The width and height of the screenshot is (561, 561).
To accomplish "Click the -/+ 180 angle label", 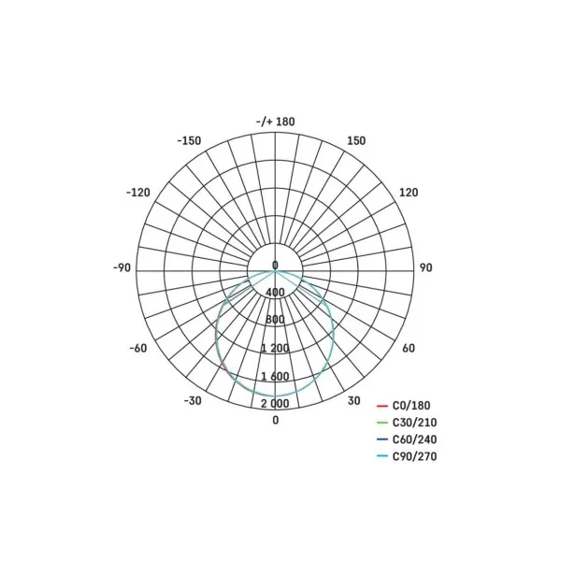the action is pyautogui.click(x=275, y=122).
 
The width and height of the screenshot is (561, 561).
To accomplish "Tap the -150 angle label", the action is pyautogui.click(x=189, y=140).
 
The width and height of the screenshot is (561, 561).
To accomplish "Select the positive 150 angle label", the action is pyautogui.click(x=356, y=140).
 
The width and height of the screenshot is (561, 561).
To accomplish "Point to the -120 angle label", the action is pyautogui.click(x=138, y=193).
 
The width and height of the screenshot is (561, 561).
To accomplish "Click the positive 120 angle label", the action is pyautogui.click(x=409, y=193).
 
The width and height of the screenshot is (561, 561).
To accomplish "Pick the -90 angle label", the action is pyautogui.click(x=122, y=267).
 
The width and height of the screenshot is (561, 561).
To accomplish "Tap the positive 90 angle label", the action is pyautogui.click(x=425, y=267).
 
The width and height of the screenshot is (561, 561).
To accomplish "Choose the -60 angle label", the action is pyautogui.click(x=138, y=348).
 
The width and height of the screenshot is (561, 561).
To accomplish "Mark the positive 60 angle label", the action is pyautogui.click(x=409, y=348).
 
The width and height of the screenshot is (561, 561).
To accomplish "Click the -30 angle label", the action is pyautogui.click(x=193, y=401).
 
